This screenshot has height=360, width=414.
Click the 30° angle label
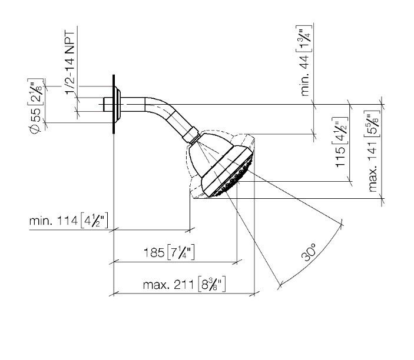click(308, 252)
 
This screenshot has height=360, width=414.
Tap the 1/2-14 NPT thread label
click(70, 63)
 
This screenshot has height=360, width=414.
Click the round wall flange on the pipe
click(118, 105)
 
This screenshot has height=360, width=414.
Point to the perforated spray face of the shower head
click(234, 176)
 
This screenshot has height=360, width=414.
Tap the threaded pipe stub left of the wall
click(108, 105)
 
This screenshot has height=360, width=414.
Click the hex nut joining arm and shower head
click(190, 135)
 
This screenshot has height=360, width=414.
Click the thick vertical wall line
click(114, 104)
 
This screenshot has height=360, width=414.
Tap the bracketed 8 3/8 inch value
click(212, 284)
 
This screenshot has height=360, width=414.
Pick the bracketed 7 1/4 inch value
click(181, 252)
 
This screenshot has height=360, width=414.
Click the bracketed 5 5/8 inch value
click(372, 124)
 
